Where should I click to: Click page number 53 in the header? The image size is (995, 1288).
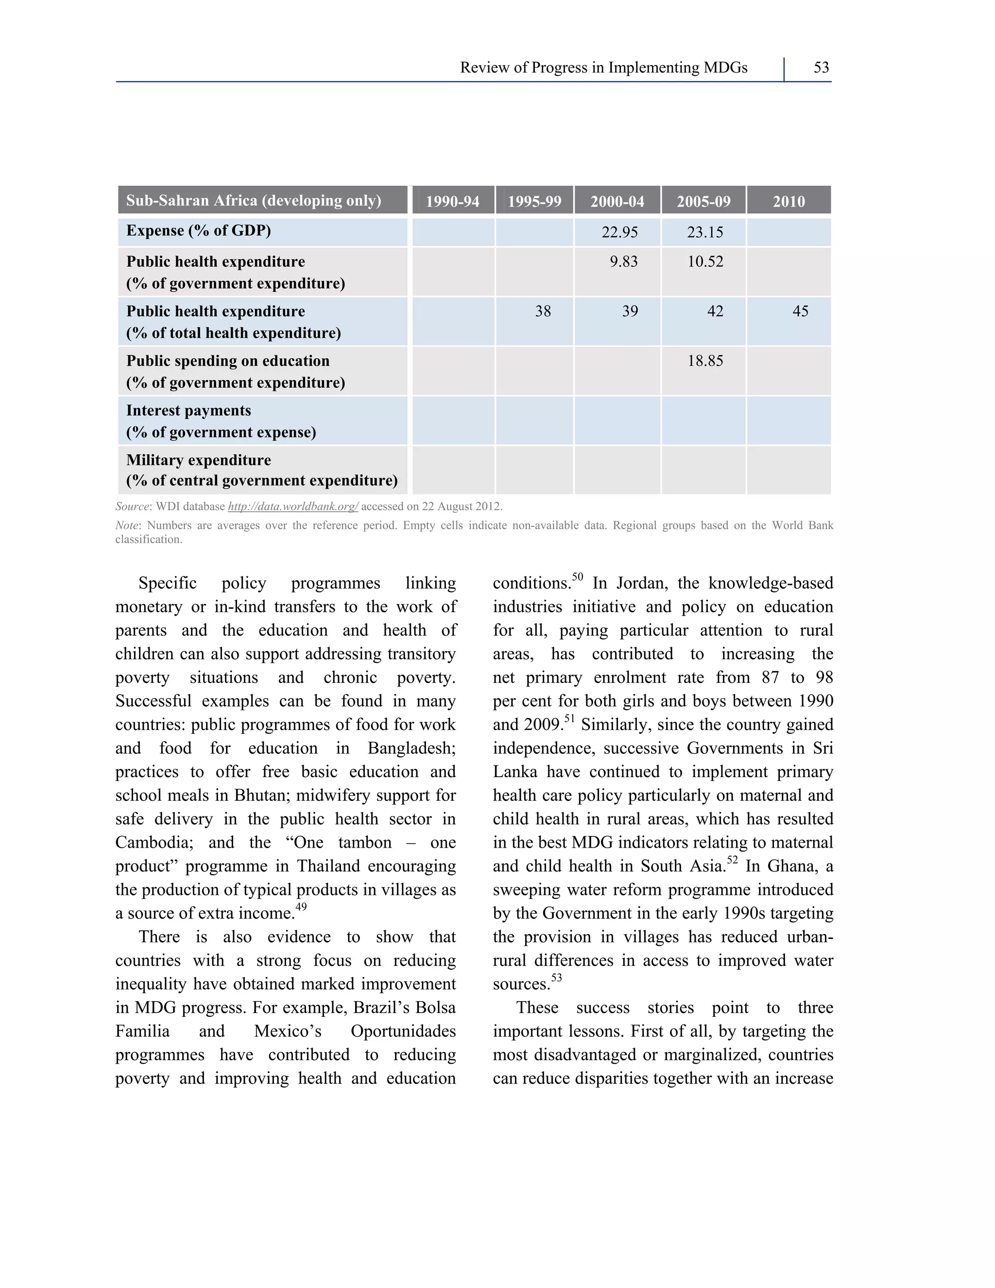821,68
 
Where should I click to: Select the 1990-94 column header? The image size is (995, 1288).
452,202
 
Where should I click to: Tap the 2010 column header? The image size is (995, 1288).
788,202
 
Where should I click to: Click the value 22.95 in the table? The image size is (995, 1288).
619,232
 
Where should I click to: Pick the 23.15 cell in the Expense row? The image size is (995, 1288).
704,232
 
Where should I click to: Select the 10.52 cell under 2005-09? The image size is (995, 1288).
704,262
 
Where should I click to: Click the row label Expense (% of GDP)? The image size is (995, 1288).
199,230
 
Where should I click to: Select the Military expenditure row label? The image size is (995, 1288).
199,460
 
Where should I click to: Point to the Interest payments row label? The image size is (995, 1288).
189,411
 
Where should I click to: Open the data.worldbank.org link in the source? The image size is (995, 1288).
293,506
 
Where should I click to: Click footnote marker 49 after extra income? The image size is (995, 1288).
301,907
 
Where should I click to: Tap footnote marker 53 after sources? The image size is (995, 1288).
556,978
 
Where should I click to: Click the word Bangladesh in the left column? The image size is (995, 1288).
411,748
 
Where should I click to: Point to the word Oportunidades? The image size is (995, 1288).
403,1031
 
